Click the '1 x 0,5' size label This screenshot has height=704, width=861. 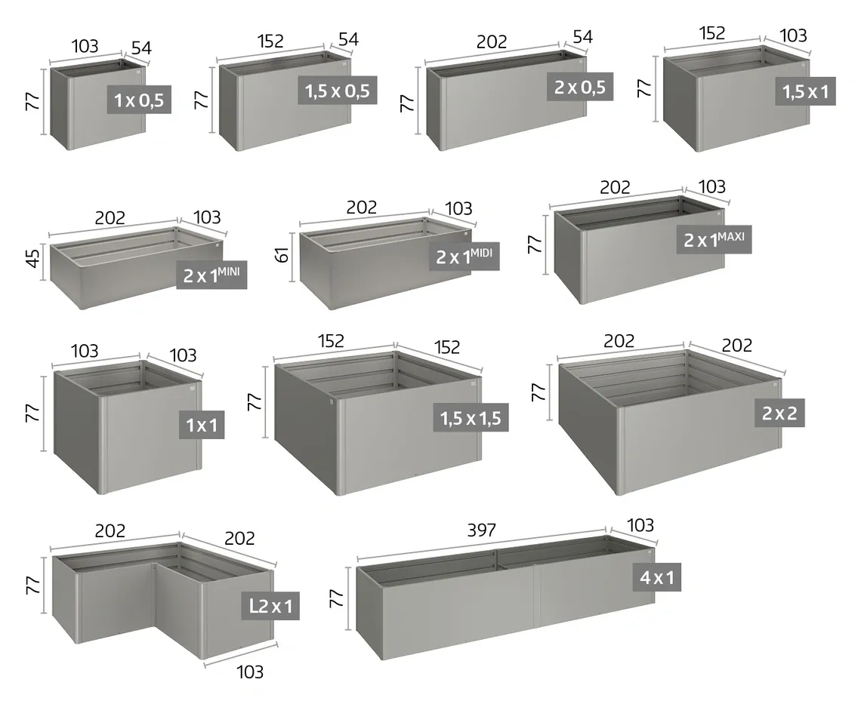click(x=139, y=100)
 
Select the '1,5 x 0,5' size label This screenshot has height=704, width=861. click(x=338, y=91)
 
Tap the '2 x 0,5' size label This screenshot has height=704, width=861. click(x=580, y=87)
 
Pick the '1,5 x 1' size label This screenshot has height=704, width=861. click(x=806, y=91)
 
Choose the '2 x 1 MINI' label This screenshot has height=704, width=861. click(x=211, y=275)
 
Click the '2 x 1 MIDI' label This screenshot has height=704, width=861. click(x=464, y=257)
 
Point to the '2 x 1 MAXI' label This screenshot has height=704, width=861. click(x=714, y=239)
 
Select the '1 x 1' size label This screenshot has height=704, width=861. click(x=202, y=425)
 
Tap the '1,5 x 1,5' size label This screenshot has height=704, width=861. click(x=471, y=417)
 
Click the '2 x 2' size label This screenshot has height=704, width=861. click(x=779, y=413)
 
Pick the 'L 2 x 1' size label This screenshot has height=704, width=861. click(x=270, y=606)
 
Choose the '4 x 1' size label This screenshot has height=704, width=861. click(x=657, y=576)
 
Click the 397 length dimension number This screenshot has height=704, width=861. click(x=482, y=530)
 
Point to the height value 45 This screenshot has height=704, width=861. click(x=33, y=259)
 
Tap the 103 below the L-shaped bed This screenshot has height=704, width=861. click(x=250, y=672)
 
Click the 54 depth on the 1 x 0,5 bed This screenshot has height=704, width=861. click(x=141, y=48)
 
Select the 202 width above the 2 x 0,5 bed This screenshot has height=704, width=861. click(x=492, y=42)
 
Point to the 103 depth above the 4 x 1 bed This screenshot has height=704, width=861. click(x=640, y=525)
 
